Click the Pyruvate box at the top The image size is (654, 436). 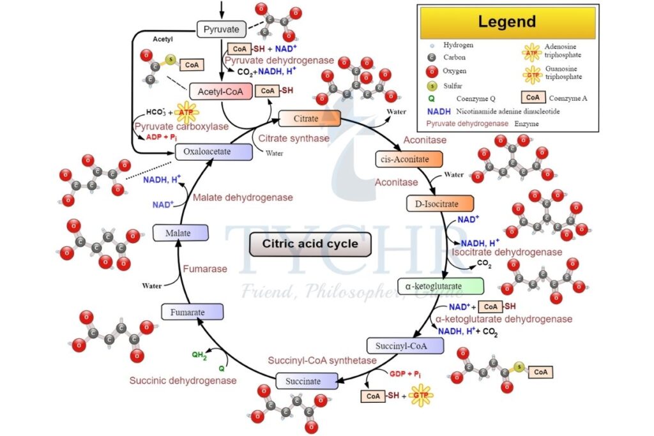click(221, 29)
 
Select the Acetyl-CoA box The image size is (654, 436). click(218, 92)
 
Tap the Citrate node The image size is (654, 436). click(310, 118)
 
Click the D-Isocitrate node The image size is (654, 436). click(440, 204)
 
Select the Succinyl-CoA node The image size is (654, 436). click(404, 345)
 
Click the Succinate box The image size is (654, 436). click(307, 381)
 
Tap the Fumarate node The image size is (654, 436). click(192, 312)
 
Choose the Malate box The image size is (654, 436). click(181, 233)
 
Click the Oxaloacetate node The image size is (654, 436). click(205, 152)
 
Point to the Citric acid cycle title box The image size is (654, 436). click(310, 244)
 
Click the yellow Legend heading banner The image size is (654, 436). click(506, 22)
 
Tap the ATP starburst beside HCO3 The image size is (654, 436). click(186, 113)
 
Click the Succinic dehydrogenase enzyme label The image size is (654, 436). click(183, 380)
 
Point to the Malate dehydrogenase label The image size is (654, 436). click(243, 198)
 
